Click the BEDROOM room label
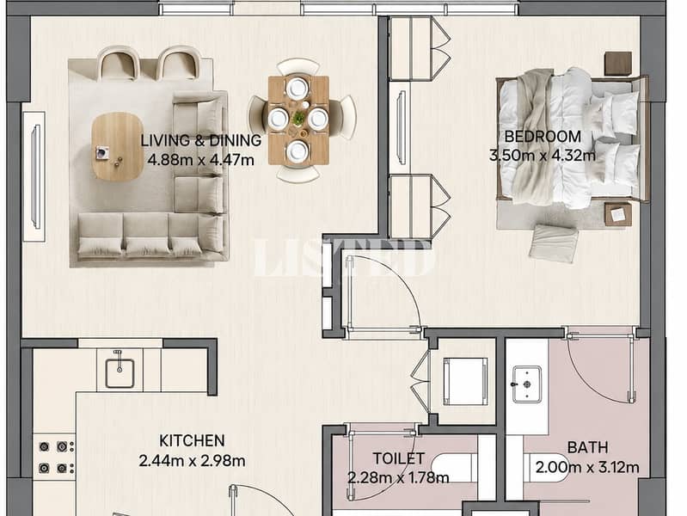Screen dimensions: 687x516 pyautogui.click(x=543, y=137)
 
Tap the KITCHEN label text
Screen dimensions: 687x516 pyautogui.click(x=192, y=440)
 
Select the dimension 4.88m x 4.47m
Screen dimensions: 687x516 pyautogui.click(x=200, y=160)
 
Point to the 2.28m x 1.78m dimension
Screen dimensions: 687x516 pyautogui.click(x=398, y=477)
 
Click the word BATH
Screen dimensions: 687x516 pyautogui.click(x=587, y=447)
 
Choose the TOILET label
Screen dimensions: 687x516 pyautogui.click(x=399, y=458)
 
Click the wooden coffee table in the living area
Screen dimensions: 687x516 pyautogui.click(x=118, y=146)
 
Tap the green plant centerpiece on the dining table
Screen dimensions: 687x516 pyautogui.click(x=299, y=118)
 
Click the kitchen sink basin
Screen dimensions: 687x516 pyautogui.click(x=120, y=373)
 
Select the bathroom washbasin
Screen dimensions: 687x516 pyautogui.click(x=526, y=384)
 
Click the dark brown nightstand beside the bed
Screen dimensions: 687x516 pyautogui.click(x=618, y=64)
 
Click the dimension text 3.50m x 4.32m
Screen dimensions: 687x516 pyautogui.click(x=543, y=155)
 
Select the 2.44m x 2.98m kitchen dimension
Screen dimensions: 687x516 pyautogui.click(x=192, y=461)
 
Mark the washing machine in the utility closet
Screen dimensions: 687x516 pyautogui.click(x=465, y=381)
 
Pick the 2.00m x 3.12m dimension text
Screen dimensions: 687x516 pyautogui.click(x=587, y=467)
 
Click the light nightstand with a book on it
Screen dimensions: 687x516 pyautogui.click(x=618, y=214)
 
